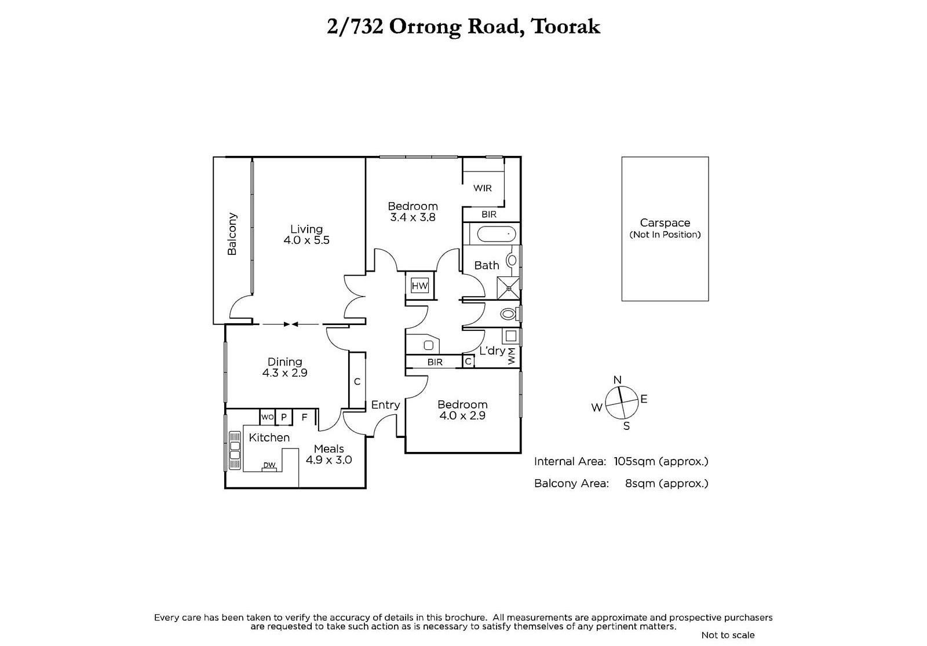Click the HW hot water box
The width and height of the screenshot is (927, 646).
[419, 286]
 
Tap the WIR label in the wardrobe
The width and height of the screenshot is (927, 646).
[483, 188]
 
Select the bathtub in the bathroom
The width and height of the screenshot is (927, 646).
[497, 235]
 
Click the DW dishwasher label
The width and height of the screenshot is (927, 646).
[269, 465]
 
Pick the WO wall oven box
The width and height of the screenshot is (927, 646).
[267, 417]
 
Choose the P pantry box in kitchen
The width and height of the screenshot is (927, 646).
[284, 417]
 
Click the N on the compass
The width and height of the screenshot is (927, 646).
[618, 380]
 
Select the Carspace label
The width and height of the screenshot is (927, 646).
[665, 222]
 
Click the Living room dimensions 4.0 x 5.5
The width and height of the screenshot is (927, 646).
[306, 240]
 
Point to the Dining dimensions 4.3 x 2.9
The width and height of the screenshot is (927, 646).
[284, 373]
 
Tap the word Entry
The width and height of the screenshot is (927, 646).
[385, 405]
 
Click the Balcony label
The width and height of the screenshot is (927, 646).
[232, 234]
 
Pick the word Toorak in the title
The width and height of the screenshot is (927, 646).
[565, 27]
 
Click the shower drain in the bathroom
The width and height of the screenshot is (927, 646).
[509, 288]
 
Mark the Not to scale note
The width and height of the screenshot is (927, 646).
[728, 635]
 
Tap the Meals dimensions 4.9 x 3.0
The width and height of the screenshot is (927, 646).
[329, 460]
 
